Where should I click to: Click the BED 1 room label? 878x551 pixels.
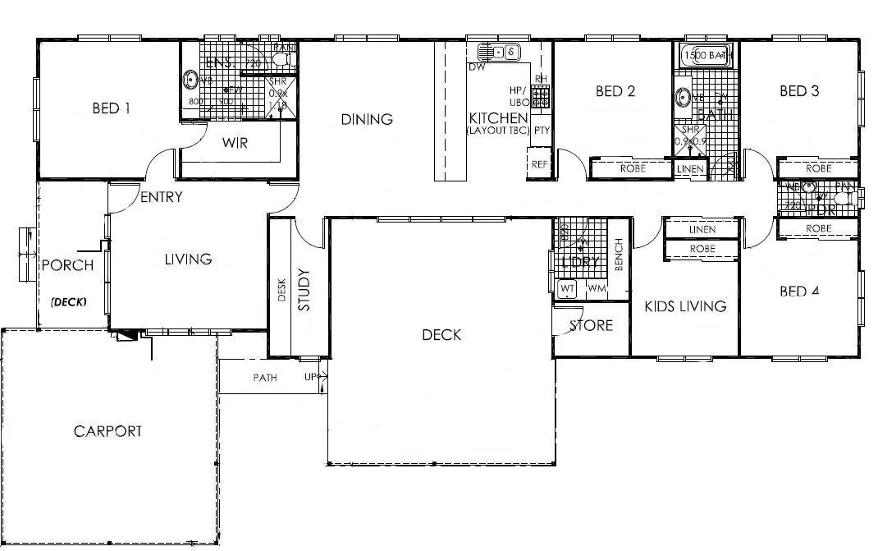[112, 108]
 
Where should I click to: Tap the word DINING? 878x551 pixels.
[367, 120]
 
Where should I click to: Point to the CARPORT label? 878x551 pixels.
[107, 431]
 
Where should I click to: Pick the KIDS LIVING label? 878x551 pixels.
[685, 306]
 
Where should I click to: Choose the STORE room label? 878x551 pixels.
[592, 326]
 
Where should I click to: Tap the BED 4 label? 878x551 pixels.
[799, 292]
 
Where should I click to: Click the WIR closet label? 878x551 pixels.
[235, 143]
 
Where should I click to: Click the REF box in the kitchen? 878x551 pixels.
[539, 164]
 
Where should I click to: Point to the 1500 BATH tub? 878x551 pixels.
[706, 56]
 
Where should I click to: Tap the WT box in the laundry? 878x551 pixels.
[567, 289]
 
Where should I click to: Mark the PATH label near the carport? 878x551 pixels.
[264, 379]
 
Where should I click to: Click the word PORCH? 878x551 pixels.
[67, 265]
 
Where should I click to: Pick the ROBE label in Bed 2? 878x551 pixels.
[633, 168]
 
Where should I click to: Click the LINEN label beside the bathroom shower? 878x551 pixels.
[689, 169]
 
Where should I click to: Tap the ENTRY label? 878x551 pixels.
[162, 197]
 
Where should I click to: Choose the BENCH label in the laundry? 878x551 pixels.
[619, 255]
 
